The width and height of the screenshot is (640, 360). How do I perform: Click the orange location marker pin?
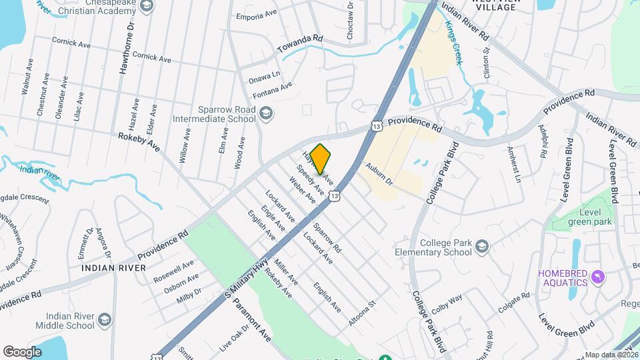click(x=321, y=159)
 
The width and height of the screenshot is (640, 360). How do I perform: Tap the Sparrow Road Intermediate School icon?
click(x=267, y=113)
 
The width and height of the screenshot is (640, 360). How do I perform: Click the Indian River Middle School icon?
click(x=105, y=321)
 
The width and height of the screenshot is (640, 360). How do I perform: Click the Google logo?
click(x=22, y=351)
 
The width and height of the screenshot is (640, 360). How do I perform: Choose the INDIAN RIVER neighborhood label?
click(x=113, y=267)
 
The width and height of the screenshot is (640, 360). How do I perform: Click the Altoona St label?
click(x=363, y=313)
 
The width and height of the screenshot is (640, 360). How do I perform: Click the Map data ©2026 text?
click(x=611, y=355)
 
